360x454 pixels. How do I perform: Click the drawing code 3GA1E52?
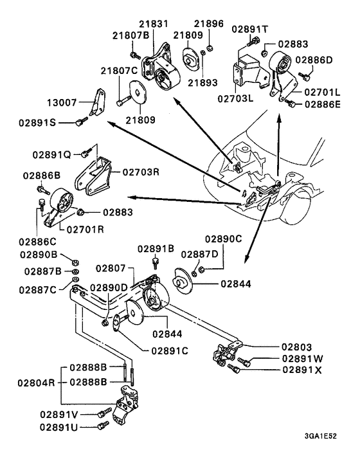point(324,435)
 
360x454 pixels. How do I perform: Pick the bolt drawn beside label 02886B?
point(42,189)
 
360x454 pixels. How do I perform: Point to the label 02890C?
point(224,239)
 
